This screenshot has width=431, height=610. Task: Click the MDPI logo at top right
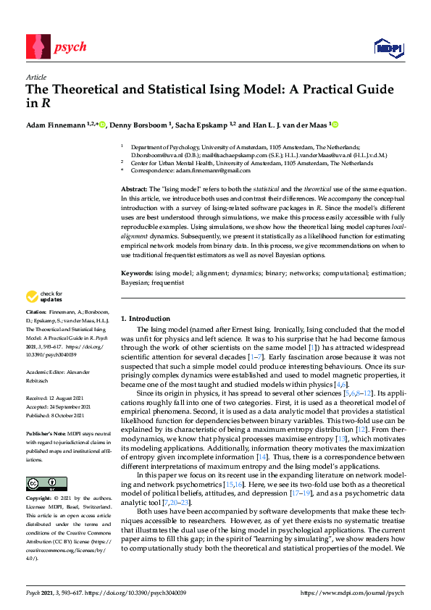[x=388, y=48]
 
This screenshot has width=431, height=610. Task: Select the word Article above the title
[x=35, y=76]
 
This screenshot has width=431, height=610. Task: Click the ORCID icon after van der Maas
[x=335, y=124]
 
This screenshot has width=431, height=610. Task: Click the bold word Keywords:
[x=137, y=272]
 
